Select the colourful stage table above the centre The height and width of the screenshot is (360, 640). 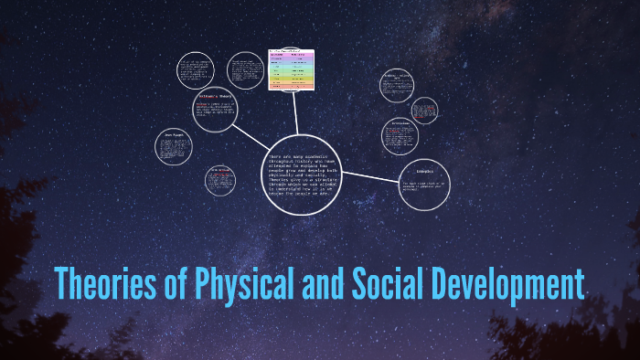tap(291, 69)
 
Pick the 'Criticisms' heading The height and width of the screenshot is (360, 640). tap(400, 122)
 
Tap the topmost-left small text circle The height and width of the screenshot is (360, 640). tap(194, 70)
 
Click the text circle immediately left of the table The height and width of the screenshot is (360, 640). tap(245, 69)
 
